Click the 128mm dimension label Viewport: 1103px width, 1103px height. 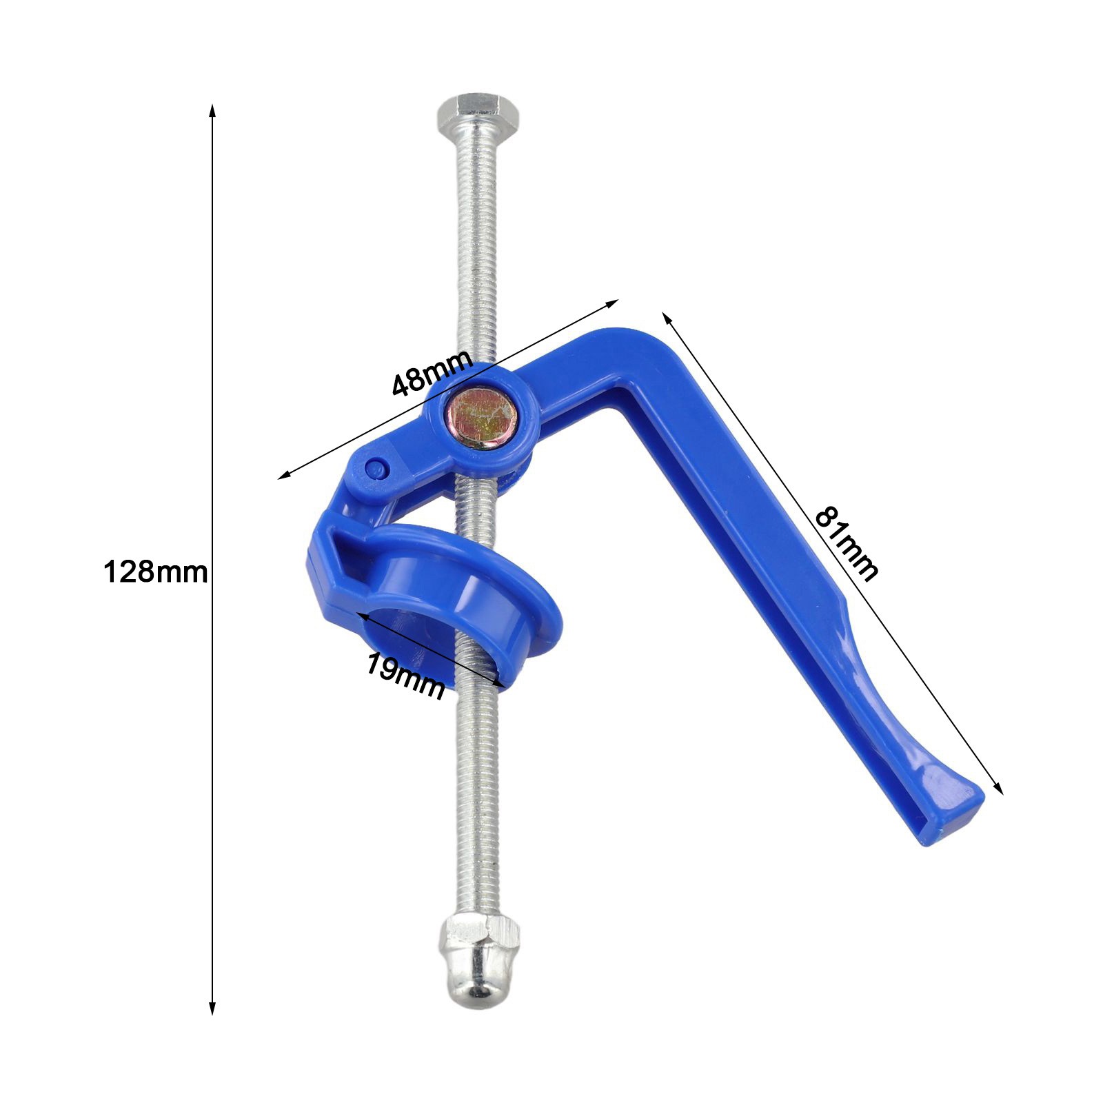pyautogui.click(x=155, y=572)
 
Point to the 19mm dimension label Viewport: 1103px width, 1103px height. pyautogui.click(x=405, y=676)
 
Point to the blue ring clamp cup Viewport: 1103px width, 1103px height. pyautogui.click(x=441, y=586)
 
